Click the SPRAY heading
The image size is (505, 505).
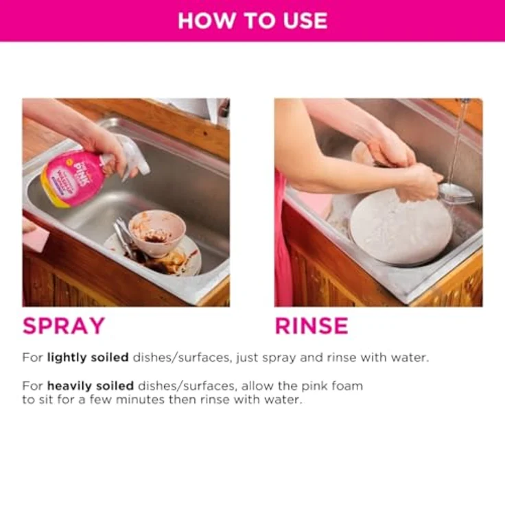tap(64, 326)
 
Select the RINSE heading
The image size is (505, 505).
tap(312, 326)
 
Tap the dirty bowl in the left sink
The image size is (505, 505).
tap(157, 232)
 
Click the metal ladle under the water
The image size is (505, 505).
tap(457, 194)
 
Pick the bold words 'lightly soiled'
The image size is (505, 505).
tap(88, 357)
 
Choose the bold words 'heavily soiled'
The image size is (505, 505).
tap(91, 386)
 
